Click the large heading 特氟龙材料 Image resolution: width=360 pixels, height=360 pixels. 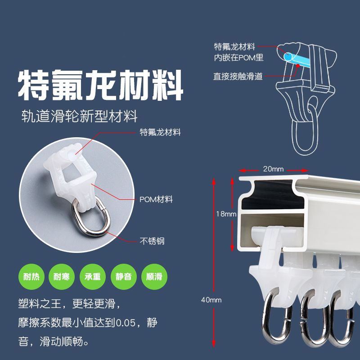[100, 85]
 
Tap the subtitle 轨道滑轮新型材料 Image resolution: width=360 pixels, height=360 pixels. [80, 117]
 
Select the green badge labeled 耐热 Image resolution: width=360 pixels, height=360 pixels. [31, 276]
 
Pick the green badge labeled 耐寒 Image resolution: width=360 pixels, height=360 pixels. [62, 276]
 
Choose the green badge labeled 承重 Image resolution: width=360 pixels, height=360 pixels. [93, 276]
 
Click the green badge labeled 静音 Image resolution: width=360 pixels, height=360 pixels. [123, 276]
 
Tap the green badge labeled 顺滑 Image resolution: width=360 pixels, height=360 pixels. [154, 276]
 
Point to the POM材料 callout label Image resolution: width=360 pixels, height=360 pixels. [156, 199]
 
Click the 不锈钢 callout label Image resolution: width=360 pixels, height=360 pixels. [152, 241]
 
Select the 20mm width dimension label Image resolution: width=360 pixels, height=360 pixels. [273, 169]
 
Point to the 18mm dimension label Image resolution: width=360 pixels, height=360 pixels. [225, 214]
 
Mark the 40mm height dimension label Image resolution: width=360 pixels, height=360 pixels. [211, 300]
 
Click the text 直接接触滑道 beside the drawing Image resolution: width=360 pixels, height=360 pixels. [238, 76]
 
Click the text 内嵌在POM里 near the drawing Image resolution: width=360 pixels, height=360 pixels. [238, 58]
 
